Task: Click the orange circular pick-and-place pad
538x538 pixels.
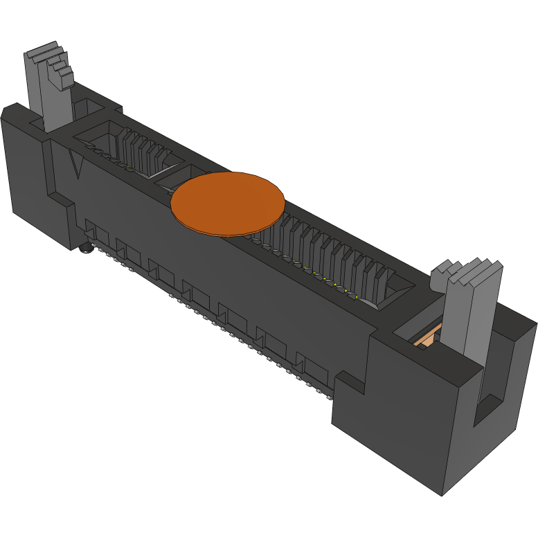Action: pos(228,203)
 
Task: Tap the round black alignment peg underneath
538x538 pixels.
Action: pos(85,248)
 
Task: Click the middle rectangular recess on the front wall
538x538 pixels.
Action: pos(197,294)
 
